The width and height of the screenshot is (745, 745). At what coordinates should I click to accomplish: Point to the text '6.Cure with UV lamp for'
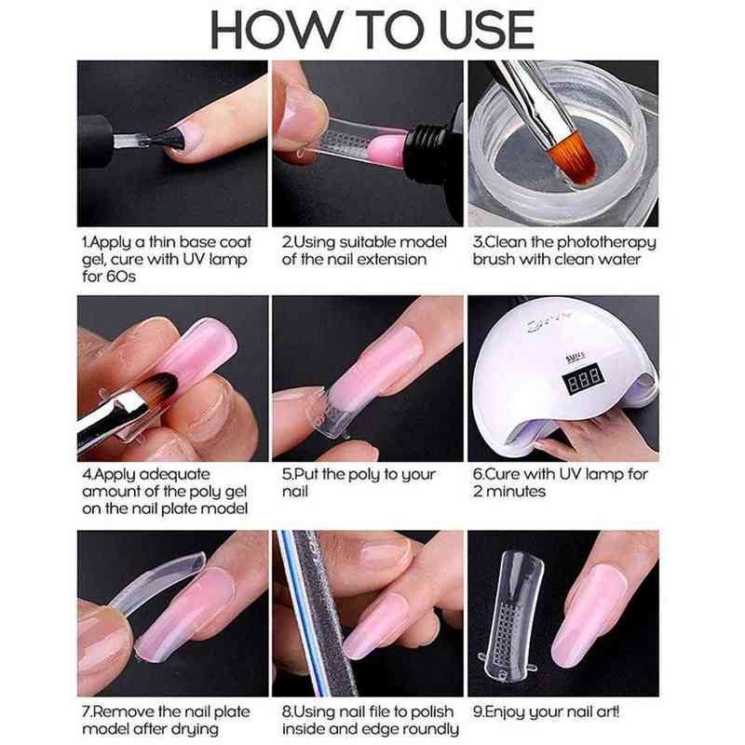pyautogui.click(x=560, y=475)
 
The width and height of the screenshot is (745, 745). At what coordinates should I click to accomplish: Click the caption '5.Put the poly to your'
pyautogui.click(x=359, y=475)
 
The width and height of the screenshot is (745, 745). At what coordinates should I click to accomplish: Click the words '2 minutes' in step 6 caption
pyautogui.click(x=509, y=492)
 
